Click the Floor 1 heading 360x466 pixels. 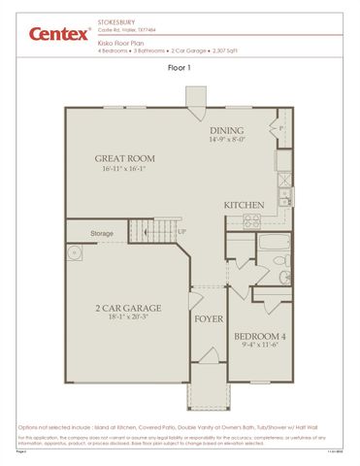point(180,68)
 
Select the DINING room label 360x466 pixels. point(231,129)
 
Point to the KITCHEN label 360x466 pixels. point(244,206)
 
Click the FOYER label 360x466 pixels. point(209,318)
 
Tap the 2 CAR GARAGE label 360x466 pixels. point(127,309)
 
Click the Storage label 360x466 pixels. point(102,233)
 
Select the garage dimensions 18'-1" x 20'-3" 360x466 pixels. point(127,318)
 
